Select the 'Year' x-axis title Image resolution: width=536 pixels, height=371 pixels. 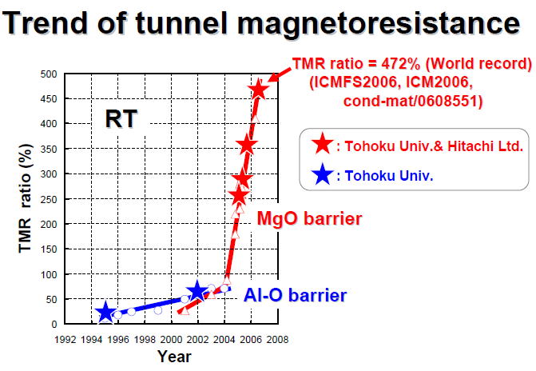click(x=173, y=356)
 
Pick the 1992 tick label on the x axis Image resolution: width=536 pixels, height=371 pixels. click(x=66, y=338)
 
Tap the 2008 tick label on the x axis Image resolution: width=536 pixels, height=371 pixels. click(x=277, y=338)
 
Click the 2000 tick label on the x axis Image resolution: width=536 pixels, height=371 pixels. click(x=172, y=338)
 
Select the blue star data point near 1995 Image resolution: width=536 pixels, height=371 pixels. click(x=105, y=313)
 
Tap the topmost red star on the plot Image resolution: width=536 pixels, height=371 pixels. click(x=257, y=90)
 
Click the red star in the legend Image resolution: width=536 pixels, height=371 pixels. click(x=321, y=145)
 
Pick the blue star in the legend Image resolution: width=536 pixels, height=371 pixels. click(x=321, y=174)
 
